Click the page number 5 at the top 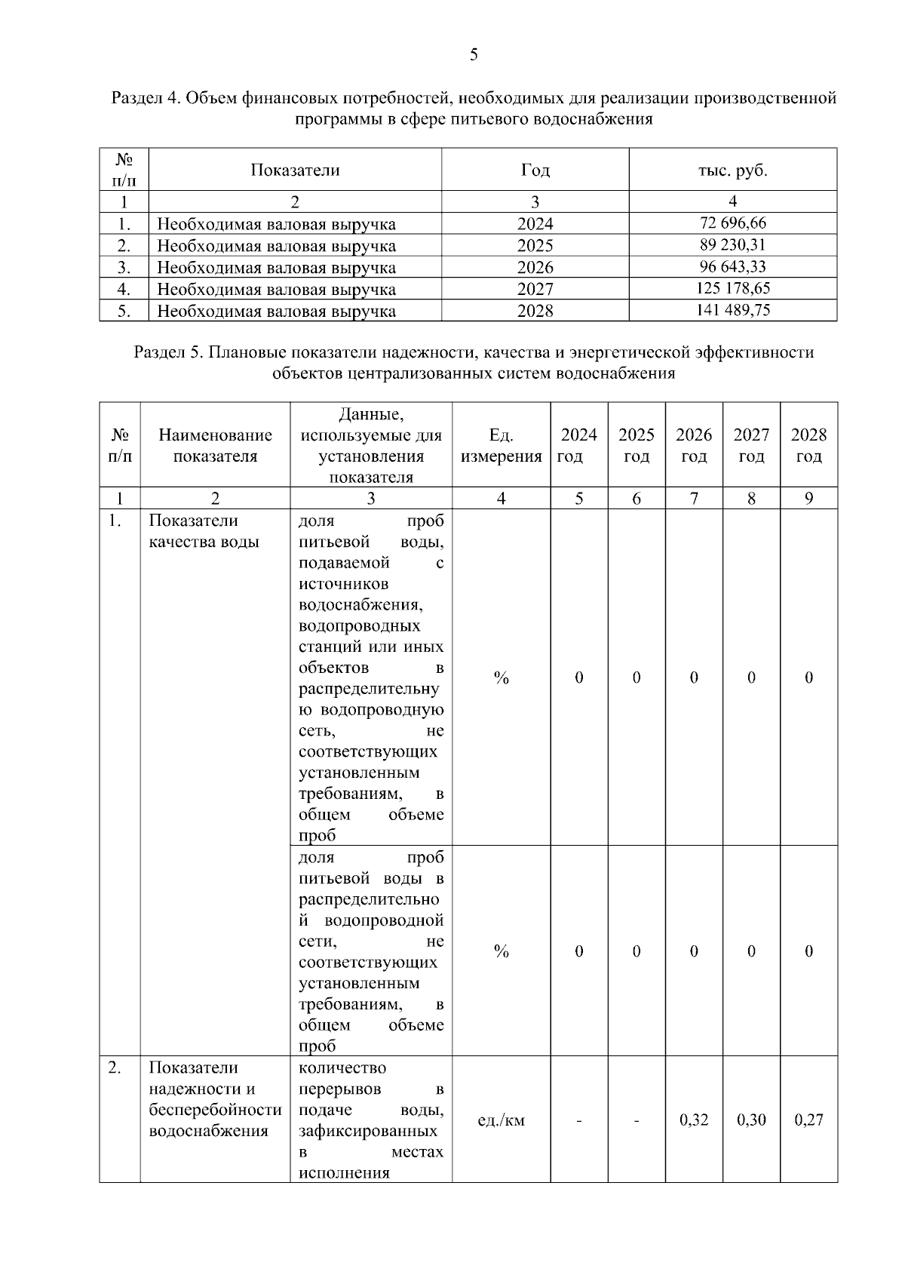click(x=474, y=54)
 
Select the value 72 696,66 click(x=732, y=223)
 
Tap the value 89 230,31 click(x=732, y=244)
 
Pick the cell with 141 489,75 click(x=732, y=309)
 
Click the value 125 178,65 click(x=732, y=288)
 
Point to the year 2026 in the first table click(x=535, y=268)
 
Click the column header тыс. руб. click(x=732, y=170)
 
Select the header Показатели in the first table click(x=295, y=170)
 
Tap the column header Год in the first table click(x=535, y=170)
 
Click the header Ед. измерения click(x=501, y=446)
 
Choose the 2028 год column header click(x=808, y=446)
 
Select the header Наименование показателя click(x=215, y=446)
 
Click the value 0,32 click(x=694, y=1120)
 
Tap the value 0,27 click(x=808, y=1120)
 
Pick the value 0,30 click(x=751, y=1120)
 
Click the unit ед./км click(x=501, y=1120)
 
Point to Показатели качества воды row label click(x=204, y=531)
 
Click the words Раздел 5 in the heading click(x=167, y=352)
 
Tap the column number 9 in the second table click(x=808, y=498)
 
